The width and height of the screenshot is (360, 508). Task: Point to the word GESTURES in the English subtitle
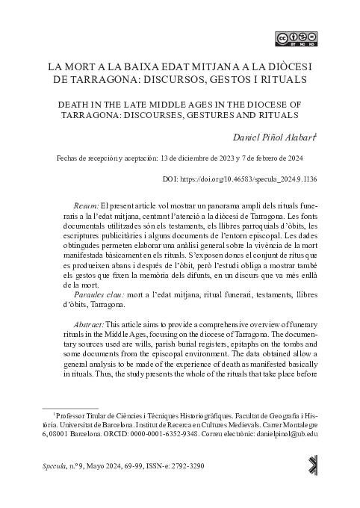(x=220, y=115)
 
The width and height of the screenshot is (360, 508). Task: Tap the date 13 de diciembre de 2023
(x=198, y=159)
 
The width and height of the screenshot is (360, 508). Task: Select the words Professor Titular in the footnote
(x=84, y=413)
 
